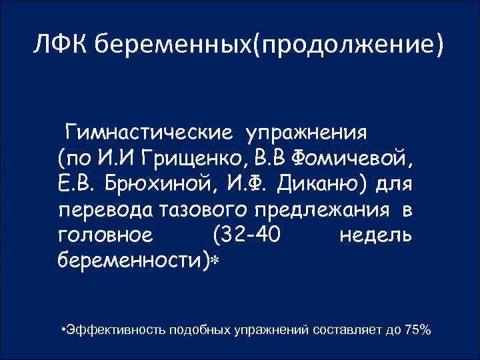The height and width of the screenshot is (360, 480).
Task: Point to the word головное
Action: [106, 235]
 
